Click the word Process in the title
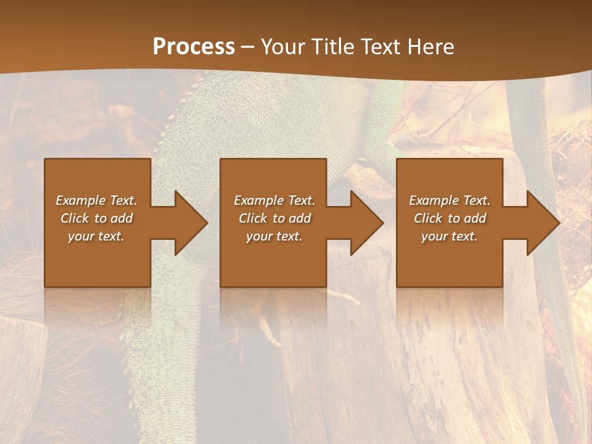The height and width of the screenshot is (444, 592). pyautogui.click(x=194, y=47)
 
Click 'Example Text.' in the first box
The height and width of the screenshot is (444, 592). pyautogui.click(x=96, y=200)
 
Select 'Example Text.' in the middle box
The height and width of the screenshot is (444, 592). pyautogui.click(x=274, y=200)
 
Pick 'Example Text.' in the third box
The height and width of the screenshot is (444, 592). pyautogui.click(x=450, y=200)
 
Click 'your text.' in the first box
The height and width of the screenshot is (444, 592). pyautogui.click(x=96, y=236)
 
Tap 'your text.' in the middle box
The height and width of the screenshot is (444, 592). pyautogui.click(x=274, y=236)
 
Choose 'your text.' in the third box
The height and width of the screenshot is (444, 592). pyautogui.click(x=450, y=236)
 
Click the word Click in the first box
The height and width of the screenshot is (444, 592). pyautogui.click(x=75, y=218)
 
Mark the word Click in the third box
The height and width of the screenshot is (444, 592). pyautogui.click(x=428, y=218)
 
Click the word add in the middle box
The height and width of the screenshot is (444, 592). pyautogui.click(x=299, y=218)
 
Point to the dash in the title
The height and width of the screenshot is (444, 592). pyautogui.click(x=247, y=47)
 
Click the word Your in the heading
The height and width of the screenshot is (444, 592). pyautogui.click(x=281, y=47)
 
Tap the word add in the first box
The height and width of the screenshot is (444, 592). pyautogui.click(x=121, y=218)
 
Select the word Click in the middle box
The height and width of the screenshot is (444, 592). pyautogui.click(x=253, y=218)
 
